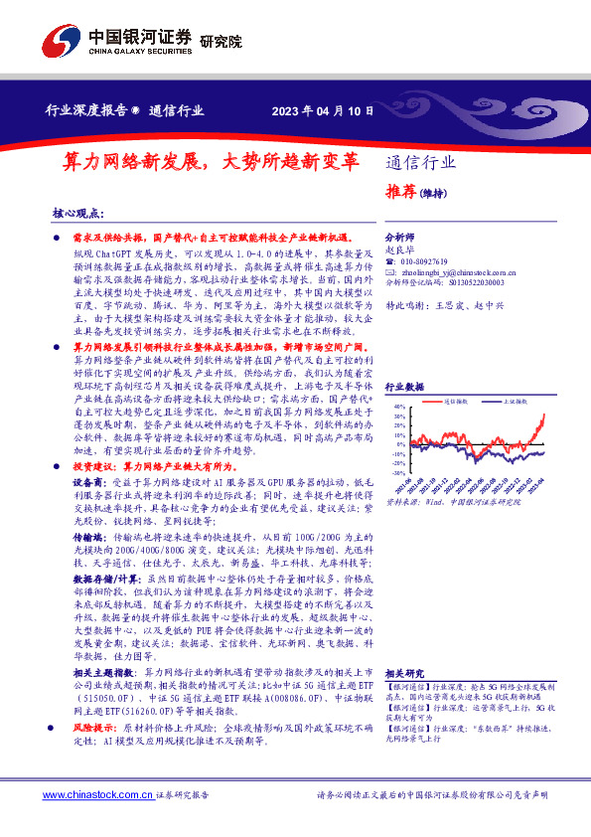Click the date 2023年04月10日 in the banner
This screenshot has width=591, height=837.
(324, 111)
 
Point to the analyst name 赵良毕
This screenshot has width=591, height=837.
(400, 251)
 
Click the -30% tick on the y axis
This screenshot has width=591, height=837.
(396, 473)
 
